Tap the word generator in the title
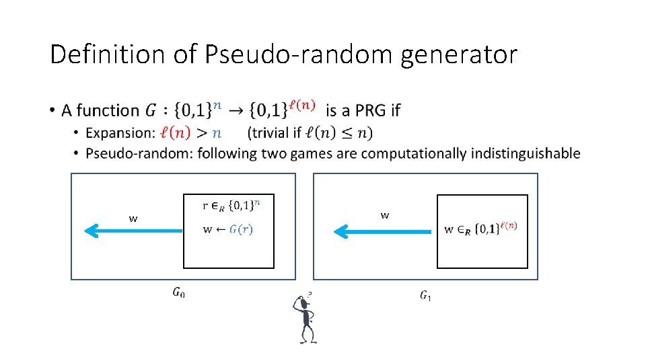tap(459, 54)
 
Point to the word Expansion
tap(124, 132)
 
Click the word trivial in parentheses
tap(272, 132)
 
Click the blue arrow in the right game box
tap(383, 232)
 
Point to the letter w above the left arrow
tap(133, 218)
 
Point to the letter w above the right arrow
tap(384, 216)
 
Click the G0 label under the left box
tap(178, 292)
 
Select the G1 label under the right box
tap(426, 295)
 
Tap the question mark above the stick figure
tap(310, 294)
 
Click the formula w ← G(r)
tap(227, 229)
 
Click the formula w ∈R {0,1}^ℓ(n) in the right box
tap(480, 229)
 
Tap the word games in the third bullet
tap(313, 153)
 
